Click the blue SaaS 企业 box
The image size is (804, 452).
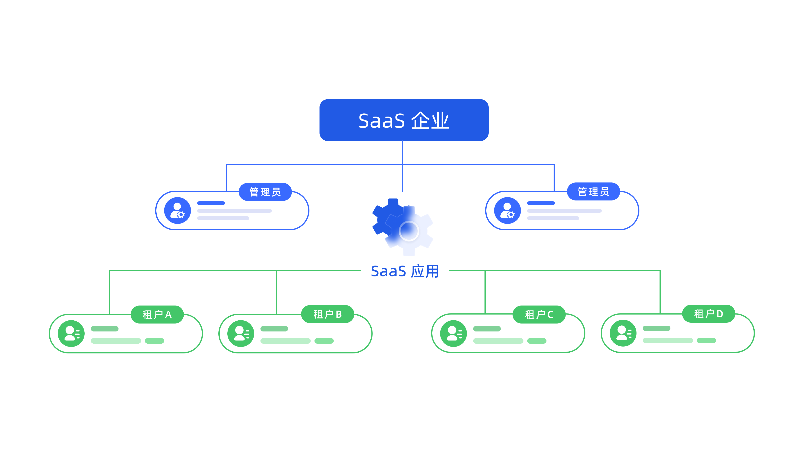pyautogui.click(x=404, y=120)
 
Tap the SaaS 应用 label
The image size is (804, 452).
pyautogui.click(x=405, y=271)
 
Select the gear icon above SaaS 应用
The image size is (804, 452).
pyautogui.click(x=403, y=227)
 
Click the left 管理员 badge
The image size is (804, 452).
pyautogui.click(x=265, y=192)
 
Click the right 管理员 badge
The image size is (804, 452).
pyautogui.click(x=593, y=191)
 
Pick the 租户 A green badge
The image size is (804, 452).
pyautogui.click(x=157, y=315)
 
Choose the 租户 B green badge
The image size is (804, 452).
pyautogui.click(x=327, y=314)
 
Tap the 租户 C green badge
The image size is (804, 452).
pyautogui.click(x=539, y=315)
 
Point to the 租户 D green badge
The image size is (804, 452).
pyautogui.click(x=709, y=313)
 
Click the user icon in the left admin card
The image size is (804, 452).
pyautogui.click(x=178, y=211)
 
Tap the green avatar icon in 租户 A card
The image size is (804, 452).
pyautogui.click(x=71, y=334)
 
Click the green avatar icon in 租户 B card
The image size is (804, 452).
pyautogui.click(x=241, y=334)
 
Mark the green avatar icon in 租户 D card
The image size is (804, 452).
pyautogui.click(x=623, y=333)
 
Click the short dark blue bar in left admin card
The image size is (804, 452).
pyautogui.click(x=211, y=203)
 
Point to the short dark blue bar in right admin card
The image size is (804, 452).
pyautogui.click(x=541, y=203)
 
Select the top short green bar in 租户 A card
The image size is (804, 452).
pyautogui.click(x=104, y=329)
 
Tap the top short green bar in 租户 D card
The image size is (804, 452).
pyautogui.click(x=656, y=328)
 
